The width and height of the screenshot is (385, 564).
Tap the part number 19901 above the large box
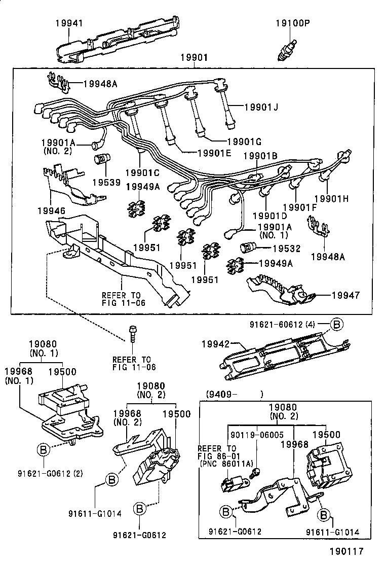(194, 58)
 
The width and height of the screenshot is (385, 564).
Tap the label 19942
(216, 344)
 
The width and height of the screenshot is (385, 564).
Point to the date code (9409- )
(234, 393)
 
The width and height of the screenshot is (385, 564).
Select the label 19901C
(142, 173)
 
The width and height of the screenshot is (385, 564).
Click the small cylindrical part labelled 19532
(246, 249)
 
